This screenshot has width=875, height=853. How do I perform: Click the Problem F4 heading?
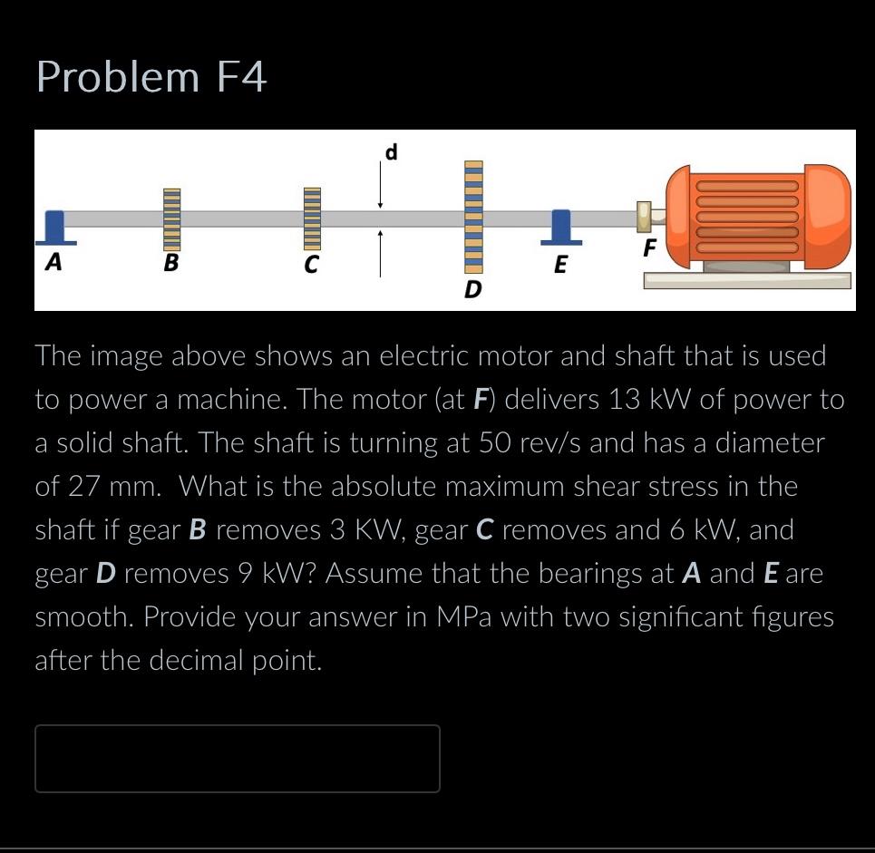tap(151, 77)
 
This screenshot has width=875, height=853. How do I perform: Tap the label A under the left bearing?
tap(54, 263)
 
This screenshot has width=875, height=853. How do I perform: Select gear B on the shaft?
tap(172, 218)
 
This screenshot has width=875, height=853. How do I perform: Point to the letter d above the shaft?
tap(391, 152)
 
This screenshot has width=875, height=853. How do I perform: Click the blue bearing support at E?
tap(561, 227)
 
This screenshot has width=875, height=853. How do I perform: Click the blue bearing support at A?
tap(55, 228)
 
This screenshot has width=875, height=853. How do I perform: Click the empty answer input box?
tap(238, 759)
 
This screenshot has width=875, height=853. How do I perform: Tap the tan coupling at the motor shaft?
tap(646, 217)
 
